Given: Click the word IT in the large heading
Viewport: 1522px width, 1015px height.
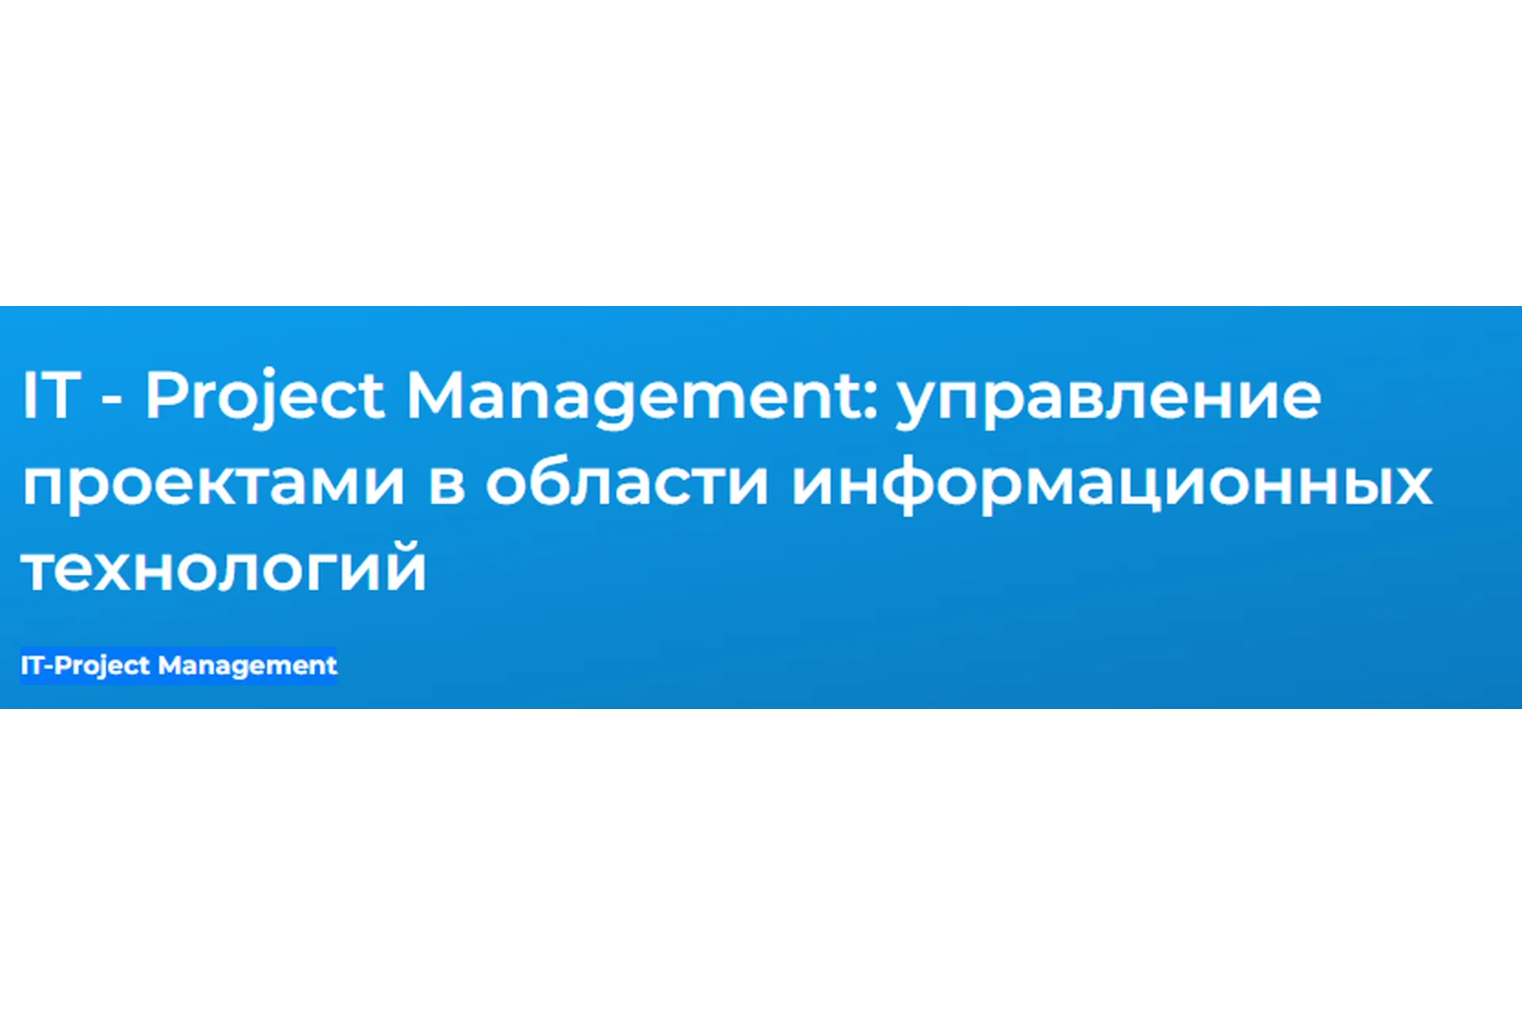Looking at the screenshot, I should pos(52,395).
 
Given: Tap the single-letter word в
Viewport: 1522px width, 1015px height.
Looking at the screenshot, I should pos(446,484).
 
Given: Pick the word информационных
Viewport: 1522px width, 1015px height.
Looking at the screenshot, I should pos(1112,484).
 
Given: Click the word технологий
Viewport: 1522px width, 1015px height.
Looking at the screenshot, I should pos(224,568).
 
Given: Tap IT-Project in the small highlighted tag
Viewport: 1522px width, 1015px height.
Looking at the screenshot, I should pos(85,665).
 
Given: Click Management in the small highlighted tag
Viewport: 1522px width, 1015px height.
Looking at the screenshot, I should pos(247,665).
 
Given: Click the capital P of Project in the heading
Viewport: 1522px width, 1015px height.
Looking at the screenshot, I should pos(163,395).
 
